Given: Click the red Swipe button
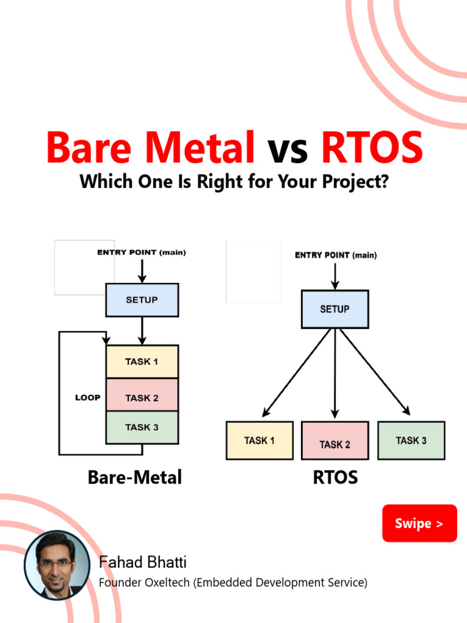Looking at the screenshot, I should pos(419,523).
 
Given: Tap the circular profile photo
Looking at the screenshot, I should pos(57,565).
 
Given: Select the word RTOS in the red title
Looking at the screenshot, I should pos(371,148).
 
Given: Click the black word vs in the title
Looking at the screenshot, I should pos(287,149).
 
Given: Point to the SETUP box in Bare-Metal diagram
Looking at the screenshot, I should pos(142,300).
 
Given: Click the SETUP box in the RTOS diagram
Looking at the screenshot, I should pos(334,309).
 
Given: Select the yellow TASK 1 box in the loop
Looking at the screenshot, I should pos(142,361).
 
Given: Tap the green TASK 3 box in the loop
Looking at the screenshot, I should pos(142,427).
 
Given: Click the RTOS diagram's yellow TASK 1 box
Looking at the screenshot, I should pos(259,440).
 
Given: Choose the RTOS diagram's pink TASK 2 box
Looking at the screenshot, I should pos(334,441).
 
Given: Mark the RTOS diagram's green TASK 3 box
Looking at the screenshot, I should pos(411,440).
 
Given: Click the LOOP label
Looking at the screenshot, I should pos(88,398).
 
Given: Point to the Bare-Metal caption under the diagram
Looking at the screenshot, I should pos(134,478).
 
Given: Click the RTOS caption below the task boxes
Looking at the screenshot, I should pos(335,478).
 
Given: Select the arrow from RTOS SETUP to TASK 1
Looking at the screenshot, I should pos(297,373).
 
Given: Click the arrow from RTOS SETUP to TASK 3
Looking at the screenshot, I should pos(374,372).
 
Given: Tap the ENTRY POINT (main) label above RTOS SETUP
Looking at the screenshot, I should pos(336,256).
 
